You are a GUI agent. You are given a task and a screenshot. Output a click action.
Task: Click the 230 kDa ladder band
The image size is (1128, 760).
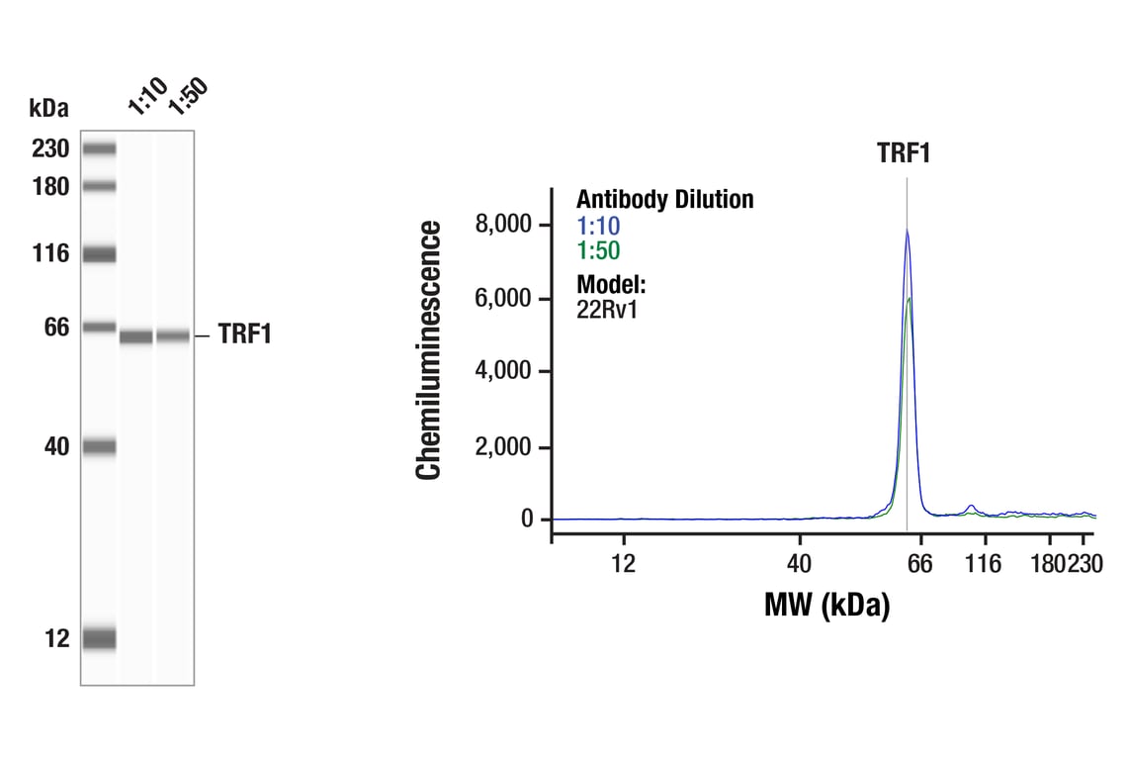click(99, 149)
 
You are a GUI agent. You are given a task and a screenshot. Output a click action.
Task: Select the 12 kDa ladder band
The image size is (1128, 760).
click(99, 639)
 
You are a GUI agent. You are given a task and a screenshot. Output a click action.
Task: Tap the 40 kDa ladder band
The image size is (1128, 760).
click(99, 447)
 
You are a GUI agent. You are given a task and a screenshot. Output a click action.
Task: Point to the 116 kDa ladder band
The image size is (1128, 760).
click(99, 254)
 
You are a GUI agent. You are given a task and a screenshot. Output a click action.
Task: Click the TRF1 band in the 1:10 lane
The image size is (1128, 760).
click(136, 337)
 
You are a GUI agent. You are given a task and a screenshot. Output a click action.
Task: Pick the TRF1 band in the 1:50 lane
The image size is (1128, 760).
click(173, 336)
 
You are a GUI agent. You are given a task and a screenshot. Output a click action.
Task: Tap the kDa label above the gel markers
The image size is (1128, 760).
click(48, 107)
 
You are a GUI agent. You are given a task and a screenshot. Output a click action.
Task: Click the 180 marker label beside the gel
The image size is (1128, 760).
click(50, 186)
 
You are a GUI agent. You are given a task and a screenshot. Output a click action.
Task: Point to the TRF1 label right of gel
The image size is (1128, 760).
click(244, 335)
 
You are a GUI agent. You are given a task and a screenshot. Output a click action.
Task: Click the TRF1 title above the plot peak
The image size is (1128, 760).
click(904, 153)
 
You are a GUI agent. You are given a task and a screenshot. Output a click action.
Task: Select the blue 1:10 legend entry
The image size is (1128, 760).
click(598, 227)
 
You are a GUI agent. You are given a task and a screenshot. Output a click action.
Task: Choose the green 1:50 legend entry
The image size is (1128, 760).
click(598, 251)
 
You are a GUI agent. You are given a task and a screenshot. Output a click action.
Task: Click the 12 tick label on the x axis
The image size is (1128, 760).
click(623, 564)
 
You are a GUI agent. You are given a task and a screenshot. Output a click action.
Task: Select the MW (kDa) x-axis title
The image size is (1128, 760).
click(826, 605)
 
